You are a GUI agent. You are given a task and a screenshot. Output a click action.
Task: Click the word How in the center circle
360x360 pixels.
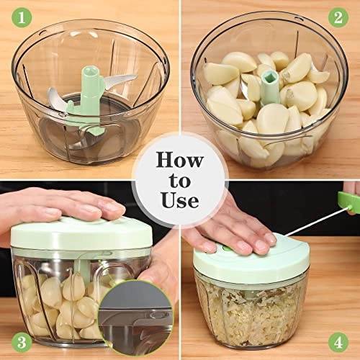pos(179,159)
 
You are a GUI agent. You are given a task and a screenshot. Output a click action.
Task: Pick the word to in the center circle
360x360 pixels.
pos(179,181)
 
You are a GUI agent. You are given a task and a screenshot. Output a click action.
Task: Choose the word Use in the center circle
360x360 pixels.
pos(179,202)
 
